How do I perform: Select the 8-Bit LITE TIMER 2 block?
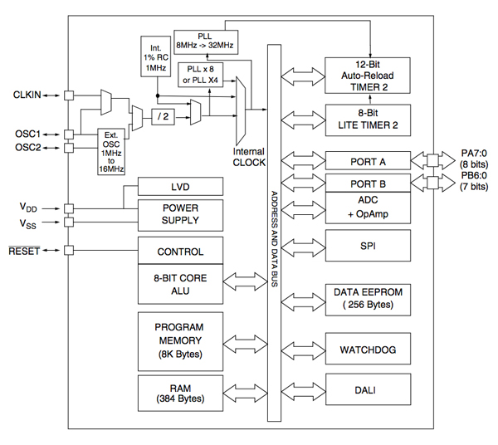tap(367, 118)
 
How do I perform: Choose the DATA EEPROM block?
tap(367, 297)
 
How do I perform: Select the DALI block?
tap(367, 389)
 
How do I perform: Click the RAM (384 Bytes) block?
tap(180, 391)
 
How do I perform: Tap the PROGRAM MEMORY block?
tap(180, 340)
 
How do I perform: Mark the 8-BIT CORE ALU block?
tap(180, 285)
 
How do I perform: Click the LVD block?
tap(180, 188)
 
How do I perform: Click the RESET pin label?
tap(29, 249)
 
